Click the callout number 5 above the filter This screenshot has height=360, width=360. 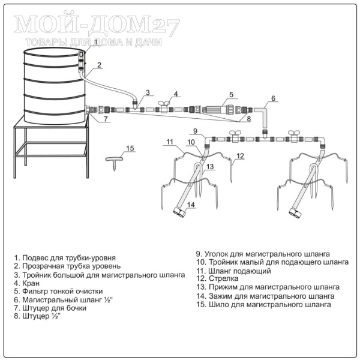(x=231, y=95)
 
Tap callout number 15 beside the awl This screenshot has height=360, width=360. (x=130, y=148)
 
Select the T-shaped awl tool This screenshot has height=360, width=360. (x=114, y=163)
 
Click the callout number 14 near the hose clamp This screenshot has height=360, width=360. (x=191, y=205)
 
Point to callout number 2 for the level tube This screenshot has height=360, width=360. (x=99, y=65)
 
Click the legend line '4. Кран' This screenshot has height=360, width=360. (x=27, y=283)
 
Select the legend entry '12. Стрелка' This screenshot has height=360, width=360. (x=217, y=278)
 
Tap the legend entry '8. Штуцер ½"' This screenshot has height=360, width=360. (x=37, y=316)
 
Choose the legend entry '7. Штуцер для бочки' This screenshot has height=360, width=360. (x=50, y=308)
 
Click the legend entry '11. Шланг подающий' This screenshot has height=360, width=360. (x=234, y=271)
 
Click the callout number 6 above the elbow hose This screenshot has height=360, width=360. (x=273, y=98)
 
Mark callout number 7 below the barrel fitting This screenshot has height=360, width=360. (x=106, y=119)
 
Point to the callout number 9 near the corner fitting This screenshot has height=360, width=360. (x=195, y=131)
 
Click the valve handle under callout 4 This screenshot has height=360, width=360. (x=164, y=103)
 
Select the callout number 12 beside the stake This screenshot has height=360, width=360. (x=240, y=156)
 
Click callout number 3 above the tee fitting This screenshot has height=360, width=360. (x=148, y=92)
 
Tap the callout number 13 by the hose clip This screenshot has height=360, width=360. (x=210, y=166)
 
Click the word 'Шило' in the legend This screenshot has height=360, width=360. (x=218, y=305)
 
